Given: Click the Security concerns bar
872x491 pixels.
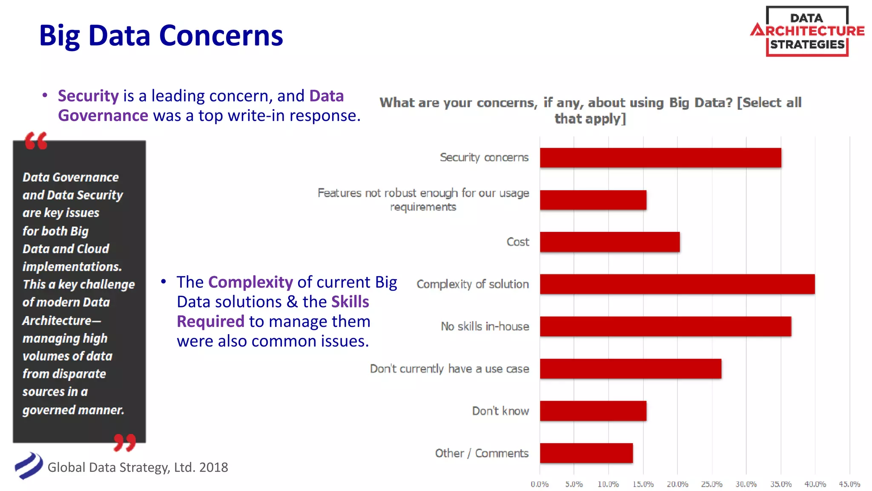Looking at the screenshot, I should coord(660,158).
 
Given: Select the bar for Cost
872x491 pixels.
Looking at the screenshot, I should coord(609,242).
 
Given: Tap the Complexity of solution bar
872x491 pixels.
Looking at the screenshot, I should coord(677,284).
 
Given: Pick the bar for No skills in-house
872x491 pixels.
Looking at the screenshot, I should coord(665,326).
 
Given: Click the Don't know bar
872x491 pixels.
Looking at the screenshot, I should coord(593,411).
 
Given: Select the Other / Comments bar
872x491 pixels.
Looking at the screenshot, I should coord(586,453).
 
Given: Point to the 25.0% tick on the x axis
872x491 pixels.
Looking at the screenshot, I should coord(711,484).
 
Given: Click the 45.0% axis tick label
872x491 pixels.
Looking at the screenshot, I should coord(849,484).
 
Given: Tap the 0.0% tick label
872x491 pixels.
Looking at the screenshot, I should coord(539,484).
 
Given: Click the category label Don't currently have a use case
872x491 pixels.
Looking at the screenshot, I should coord(449,369).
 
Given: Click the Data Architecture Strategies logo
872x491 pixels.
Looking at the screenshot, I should coord(807,31).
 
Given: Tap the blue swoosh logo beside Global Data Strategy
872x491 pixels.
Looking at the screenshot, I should coord(29,465).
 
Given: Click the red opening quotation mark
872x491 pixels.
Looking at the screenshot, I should coord(36,141).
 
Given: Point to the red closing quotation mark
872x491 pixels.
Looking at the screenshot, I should coord(124,442).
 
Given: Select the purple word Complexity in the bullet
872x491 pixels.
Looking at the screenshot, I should coord(250,282).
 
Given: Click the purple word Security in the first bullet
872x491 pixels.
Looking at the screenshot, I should coord(88,96).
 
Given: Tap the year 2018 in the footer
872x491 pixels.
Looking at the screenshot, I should coord(213,468).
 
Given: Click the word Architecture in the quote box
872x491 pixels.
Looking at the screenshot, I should coord(57,321).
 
